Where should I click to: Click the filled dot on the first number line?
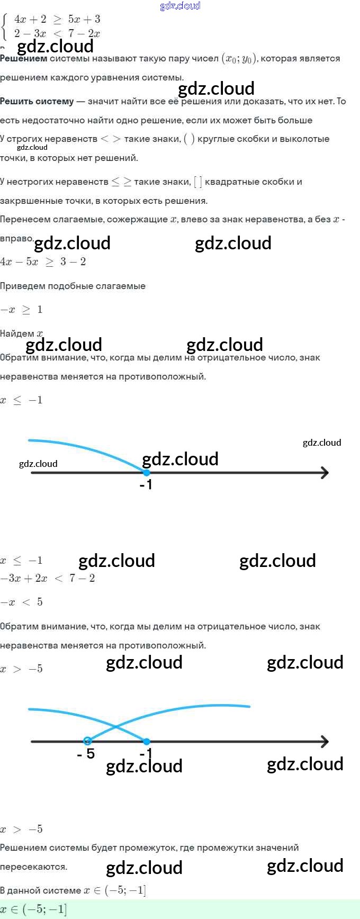pos(147,473)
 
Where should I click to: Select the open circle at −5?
pos(88,741)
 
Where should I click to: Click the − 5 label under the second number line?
pos(86,754)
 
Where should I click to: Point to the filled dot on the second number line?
pos(147,742)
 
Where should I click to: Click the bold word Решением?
pos(23,59)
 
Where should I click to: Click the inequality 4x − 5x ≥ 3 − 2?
pos(43,262)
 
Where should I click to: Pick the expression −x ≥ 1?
pos(22,310)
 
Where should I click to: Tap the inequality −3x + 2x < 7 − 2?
pos(48,578)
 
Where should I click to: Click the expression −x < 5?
pos(22,602)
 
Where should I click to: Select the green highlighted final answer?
pos(34,909)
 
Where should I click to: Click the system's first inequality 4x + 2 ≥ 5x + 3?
pos(57,20)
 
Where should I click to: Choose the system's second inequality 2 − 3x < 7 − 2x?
pos(57,34)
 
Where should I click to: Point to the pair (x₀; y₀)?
pos(239,59)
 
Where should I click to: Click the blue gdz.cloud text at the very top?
pos(180,6)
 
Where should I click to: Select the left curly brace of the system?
pos(5,26)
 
